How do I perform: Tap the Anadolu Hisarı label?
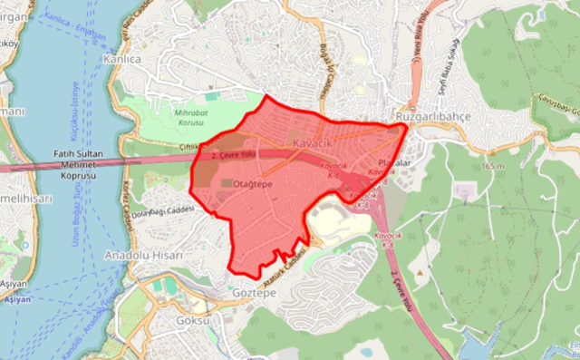145,255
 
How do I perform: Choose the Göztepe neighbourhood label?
253,293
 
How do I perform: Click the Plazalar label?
395,163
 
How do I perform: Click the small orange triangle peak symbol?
419,271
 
